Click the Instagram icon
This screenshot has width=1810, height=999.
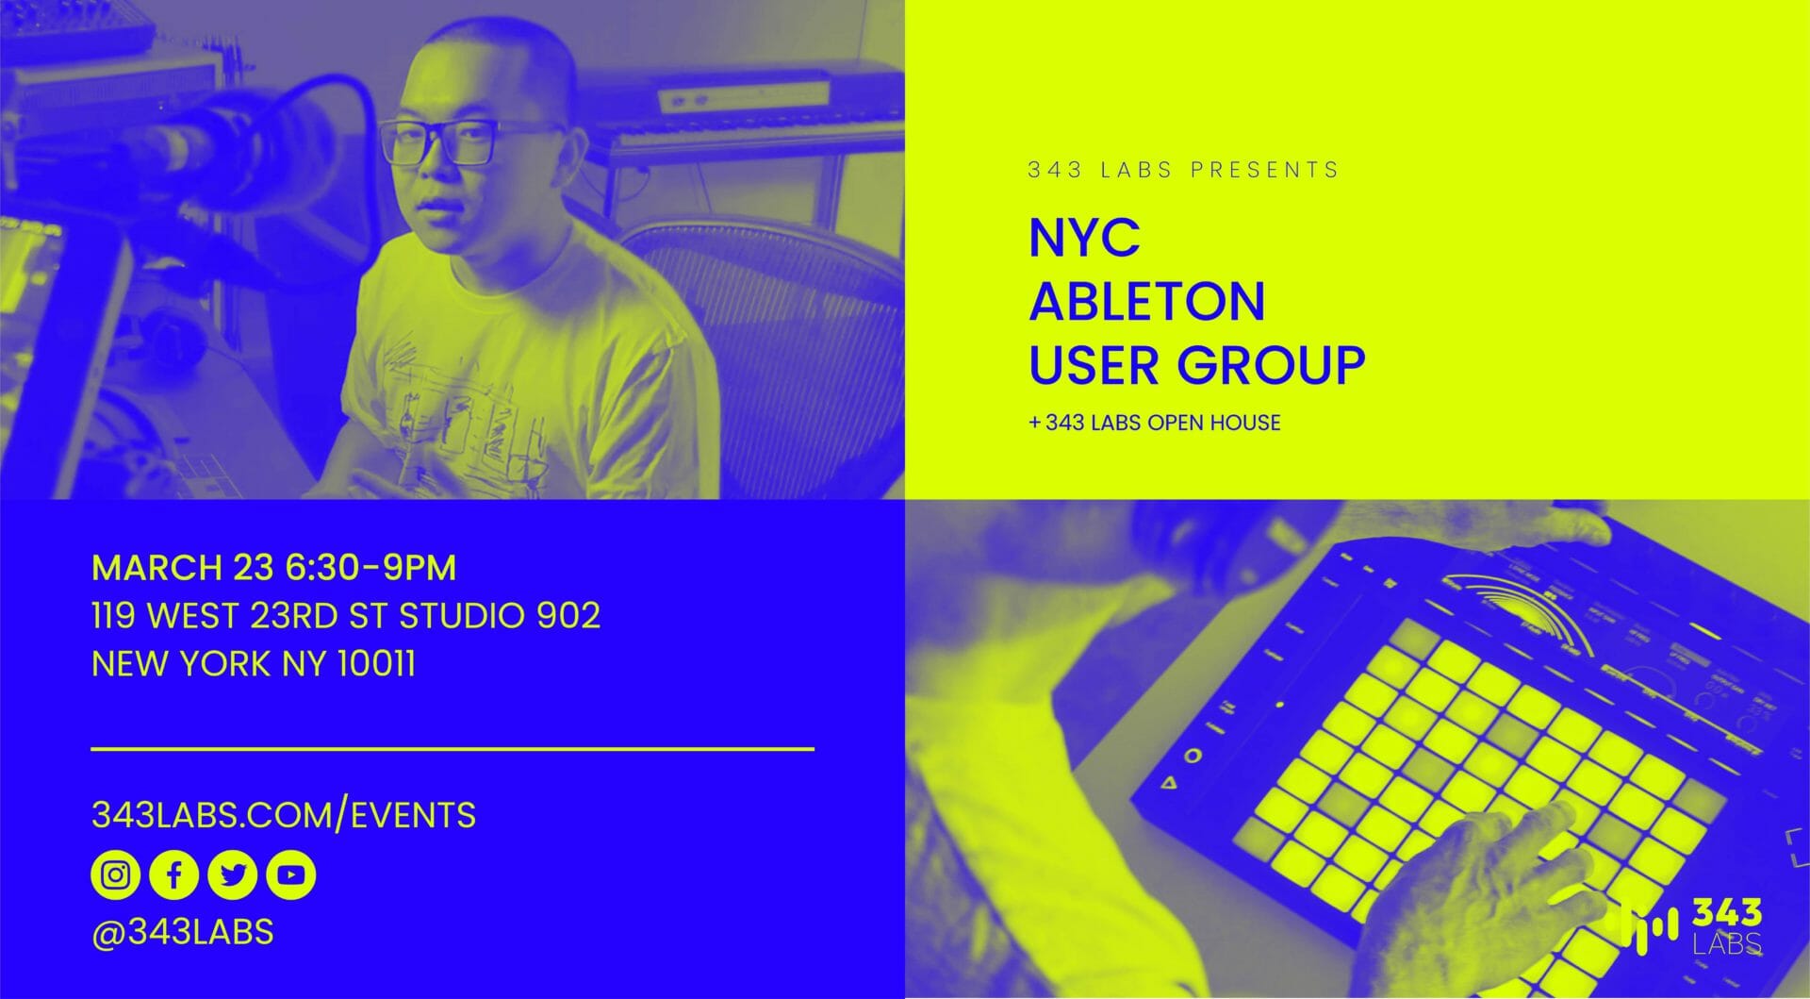115,875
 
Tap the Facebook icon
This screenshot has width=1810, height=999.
173,875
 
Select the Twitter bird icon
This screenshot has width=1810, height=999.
232,875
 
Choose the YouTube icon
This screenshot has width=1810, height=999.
290,875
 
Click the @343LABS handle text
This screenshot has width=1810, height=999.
183,932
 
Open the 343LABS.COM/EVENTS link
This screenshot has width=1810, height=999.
284,815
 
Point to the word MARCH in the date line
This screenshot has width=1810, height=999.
156,568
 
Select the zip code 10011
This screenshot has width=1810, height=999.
376,664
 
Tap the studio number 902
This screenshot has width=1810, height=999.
568,616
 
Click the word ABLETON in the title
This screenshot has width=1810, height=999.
1147,301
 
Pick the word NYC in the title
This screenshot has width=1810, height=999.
1084,238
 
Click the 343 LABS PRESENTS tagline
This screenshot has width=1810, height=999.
1183,170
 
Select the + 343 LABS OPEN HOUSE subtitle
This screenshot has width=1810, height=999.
1155,423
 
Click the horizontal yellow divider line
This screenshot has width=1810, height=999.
452,749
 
